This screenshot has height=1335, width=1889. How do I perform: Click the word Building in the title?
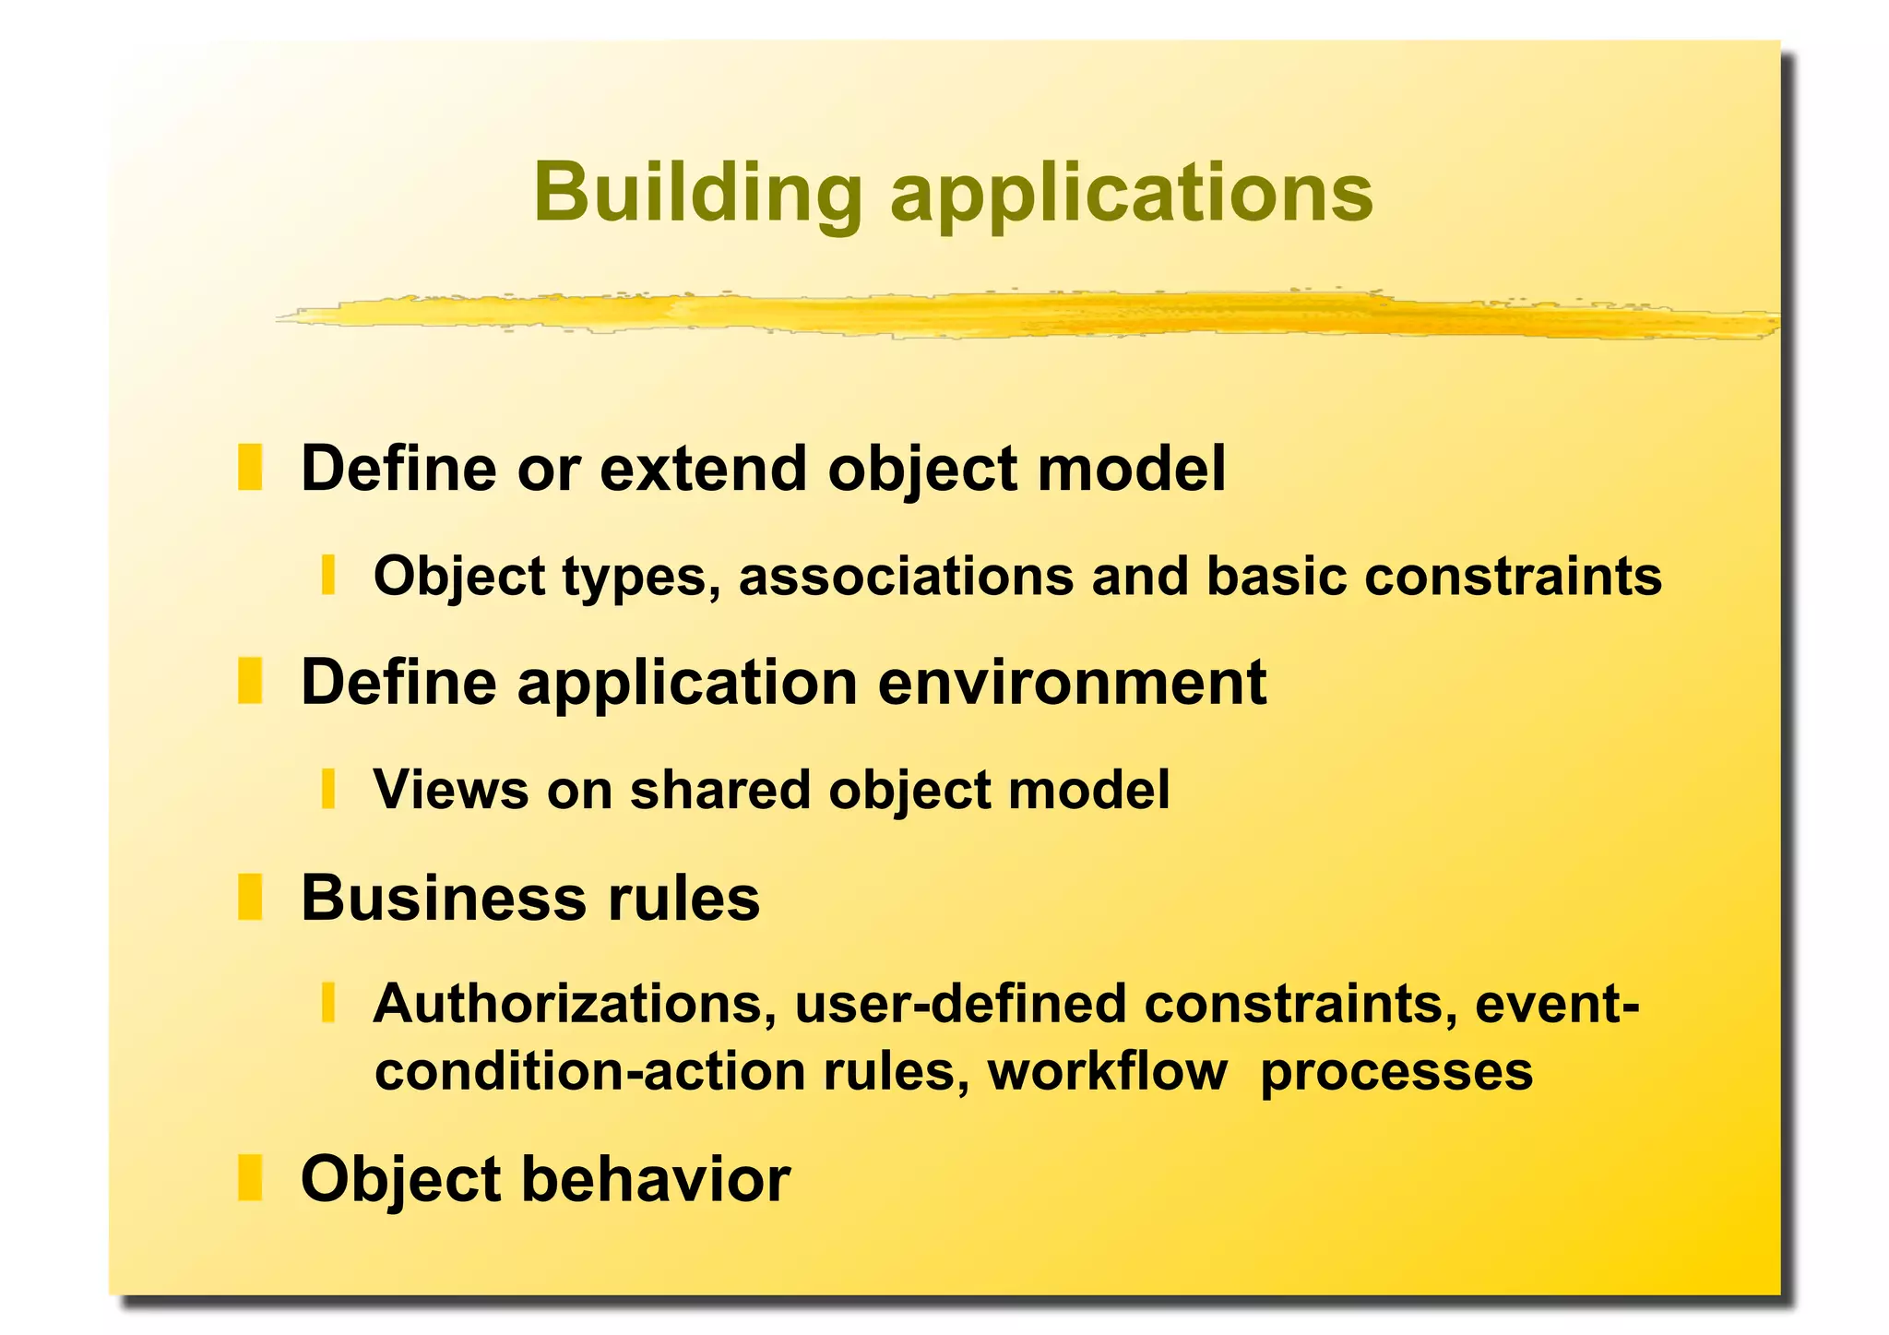tap(697, 193)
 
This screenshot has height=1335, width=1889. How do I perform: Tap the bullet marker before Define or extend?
tap(250, 468)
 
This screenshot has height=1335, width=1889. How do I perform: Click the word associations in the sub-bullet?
tap(906, 576)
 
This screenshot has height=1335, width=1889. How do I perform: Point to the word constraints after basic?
tap(1513, 576)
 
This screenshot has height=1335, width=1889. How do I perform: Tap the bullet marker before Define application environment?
tap(250, 681)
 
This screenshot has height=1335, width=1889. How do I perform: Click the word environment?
tap(1072, 683)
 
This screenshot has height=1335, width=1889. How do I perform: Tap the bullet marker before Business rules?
tap(250, 897)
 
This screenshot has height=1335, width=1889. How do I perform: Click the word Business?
tap(443, 898)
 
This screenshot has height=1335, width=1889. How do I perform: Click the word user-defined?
tap(959, 1004)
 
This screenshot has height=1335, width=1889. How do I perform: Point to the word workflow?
tap(1107, 1072)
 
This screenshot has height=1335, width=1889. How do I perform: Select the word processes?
tap(1396, 1072)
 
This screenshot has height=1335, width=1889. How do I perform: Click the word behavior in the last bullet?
tap(656, 1179)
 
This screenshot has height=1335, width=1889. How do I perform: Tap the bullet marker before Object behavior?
tap(250, 1178)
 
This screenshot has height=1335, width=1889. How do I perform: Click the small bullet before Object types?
tap(327, 575)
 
